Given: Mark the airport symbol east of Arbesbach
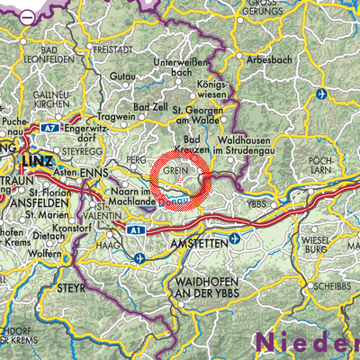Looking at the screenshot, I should tap(322, 93).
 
